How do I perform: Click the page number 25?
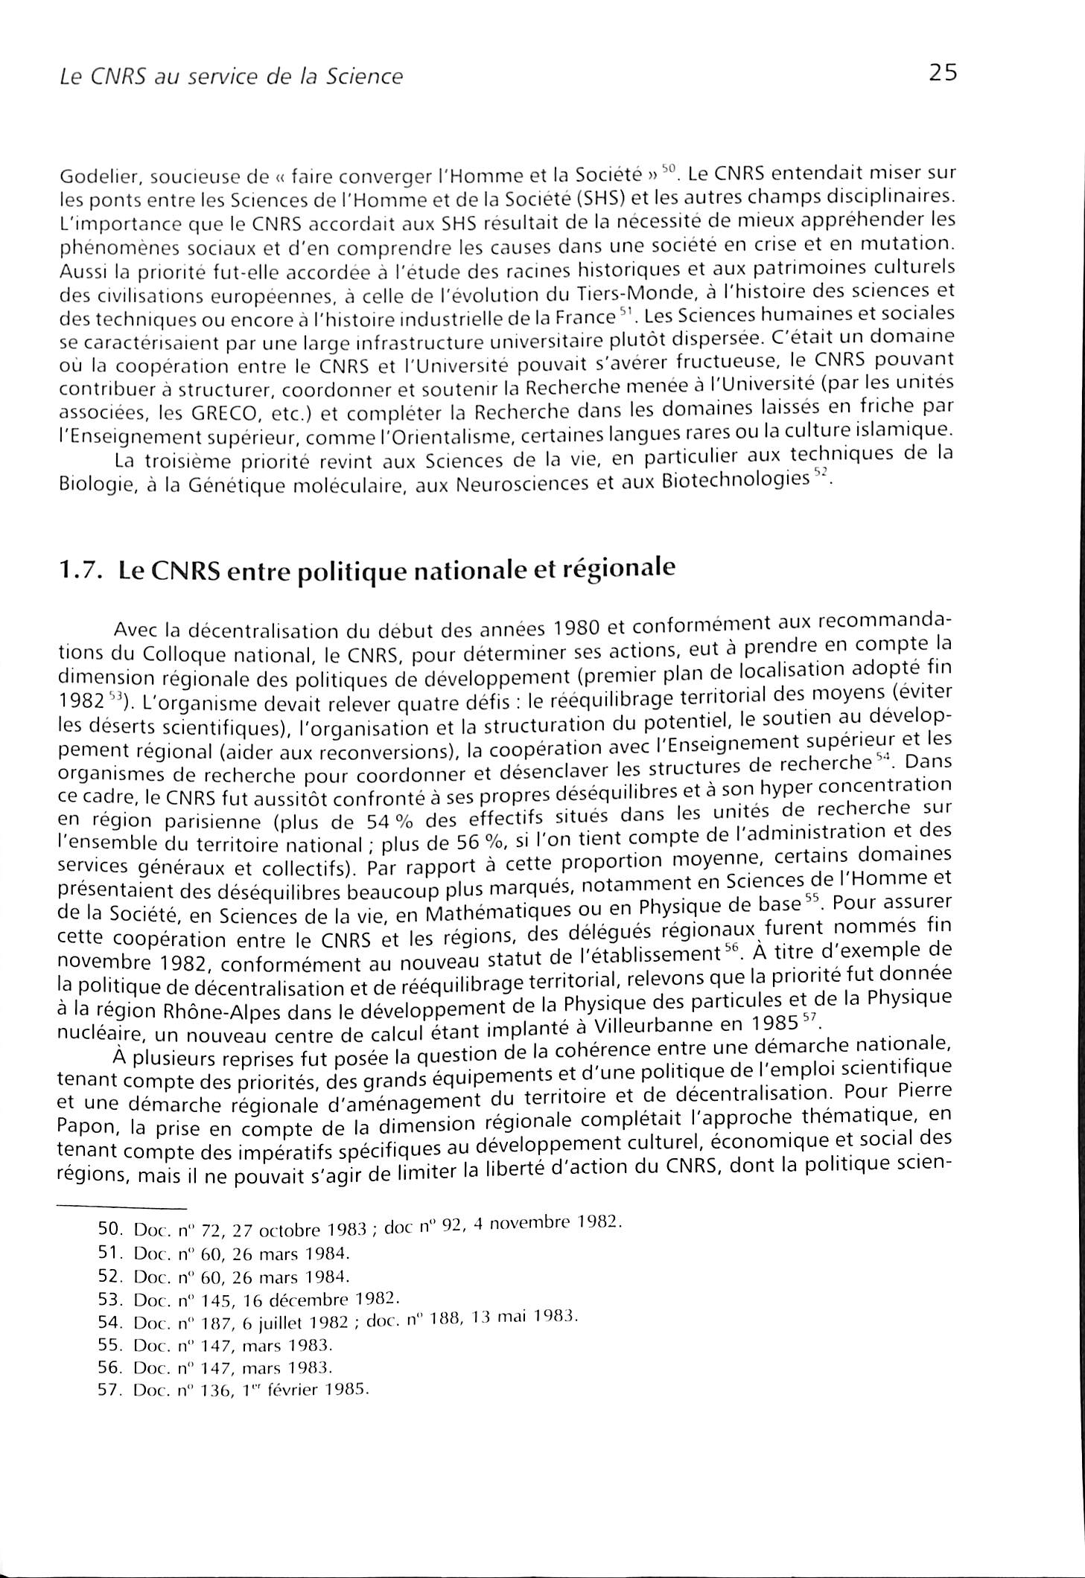tap(941, 72)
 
